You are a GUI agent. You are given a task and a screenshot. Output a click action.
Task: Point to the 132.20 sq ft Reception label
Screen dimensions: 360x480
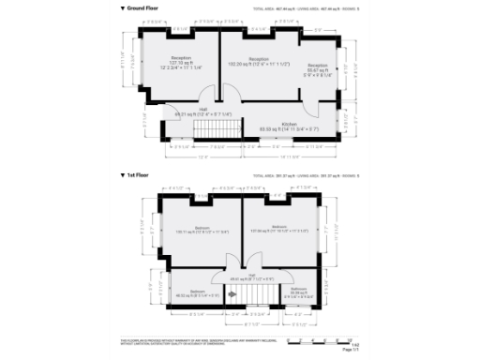click(259, 62)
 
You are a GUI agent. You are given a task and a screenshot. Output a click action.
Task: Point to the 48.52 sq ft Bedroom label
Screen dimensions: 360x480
click(199, 293)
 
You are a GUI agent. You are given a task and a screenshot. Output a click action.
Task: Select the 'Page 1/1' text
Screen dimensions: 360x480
click(348, 350)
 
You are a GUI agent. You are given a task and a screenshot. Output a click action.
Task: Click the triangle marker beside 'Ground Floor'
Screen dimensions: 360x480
click(123, 7)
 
